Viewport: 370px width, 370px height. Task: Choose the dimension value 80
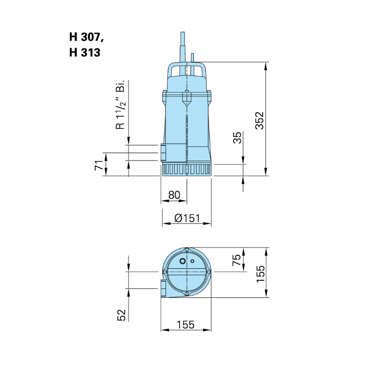174,195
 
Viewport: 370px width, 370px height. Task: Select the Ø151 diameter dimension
186,218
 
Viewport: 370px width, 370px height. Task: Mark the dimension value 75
237,260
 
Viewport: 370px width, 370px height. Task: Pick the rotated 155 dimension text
260,274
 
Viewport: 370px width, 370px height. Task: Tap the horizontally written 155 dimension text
185,325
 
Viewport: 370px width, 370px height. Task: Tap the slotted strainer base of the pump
186,170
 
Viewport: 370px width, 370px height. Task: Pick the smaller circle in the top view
192,261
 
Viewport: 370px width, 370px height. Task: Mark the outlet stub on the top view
163,288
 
